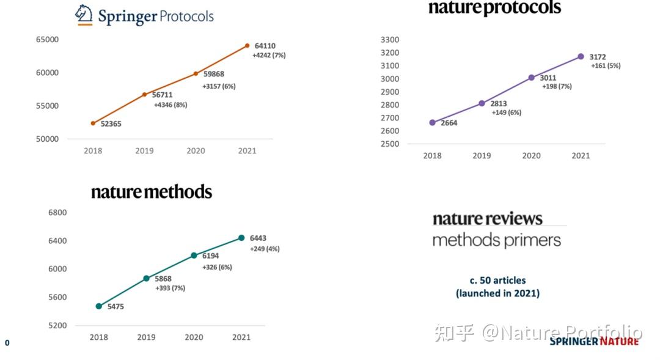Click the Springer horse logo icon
84,15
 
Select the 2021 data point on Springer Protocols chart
247,45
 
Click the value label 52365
111,124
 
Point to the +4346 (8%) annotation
170,105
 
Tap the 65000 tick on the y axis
47,40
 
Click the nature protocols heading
494,8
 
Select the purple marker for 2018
433,122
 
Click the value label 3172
598,57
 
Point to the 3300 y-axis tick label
389,40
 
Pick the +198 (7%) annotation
557,87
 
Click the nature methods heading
152,192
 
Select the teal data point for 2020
194,255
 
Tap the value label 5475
115,307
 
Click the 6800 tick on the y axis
57,213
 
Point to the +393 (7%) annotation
170,288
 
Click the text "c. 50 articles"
497,281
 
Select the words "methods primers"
496,240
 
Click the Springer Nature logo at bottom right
593,341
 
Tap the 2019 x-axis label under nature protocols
482,156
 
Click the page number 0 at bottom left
7,343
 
